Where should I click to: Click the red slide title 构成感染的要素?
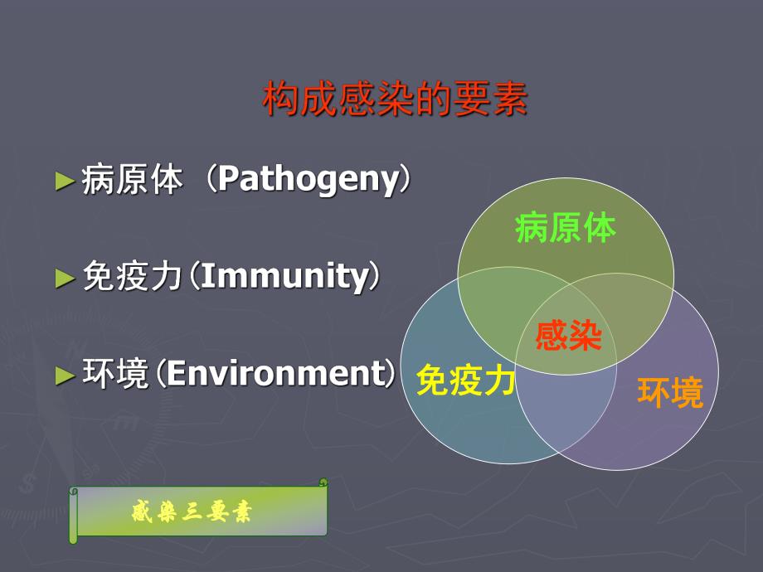pos(395,100)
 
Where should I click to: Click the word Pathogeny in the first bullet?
pos(309,180)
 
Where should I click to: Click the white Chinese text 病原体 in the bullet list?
pos(132,180)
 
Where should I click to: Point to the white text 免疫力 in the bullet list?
pos(132,277)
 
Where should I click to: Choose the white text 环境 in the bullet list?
pos(115,374)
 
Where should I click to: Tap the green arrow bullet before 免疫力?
pos(65,278)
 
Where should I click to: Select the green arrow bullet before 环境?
pos(65,375)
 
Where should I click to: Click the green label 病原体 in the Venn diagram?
pos(566,228)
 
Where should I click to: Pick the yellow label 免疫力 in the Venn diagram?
pos(465,381)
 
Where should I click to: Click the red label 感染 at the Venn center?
pos(568,336)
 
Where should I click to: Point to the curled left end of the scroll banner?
pos(74,514)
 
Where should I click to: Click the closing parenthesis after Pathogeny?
pos(404,180)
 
